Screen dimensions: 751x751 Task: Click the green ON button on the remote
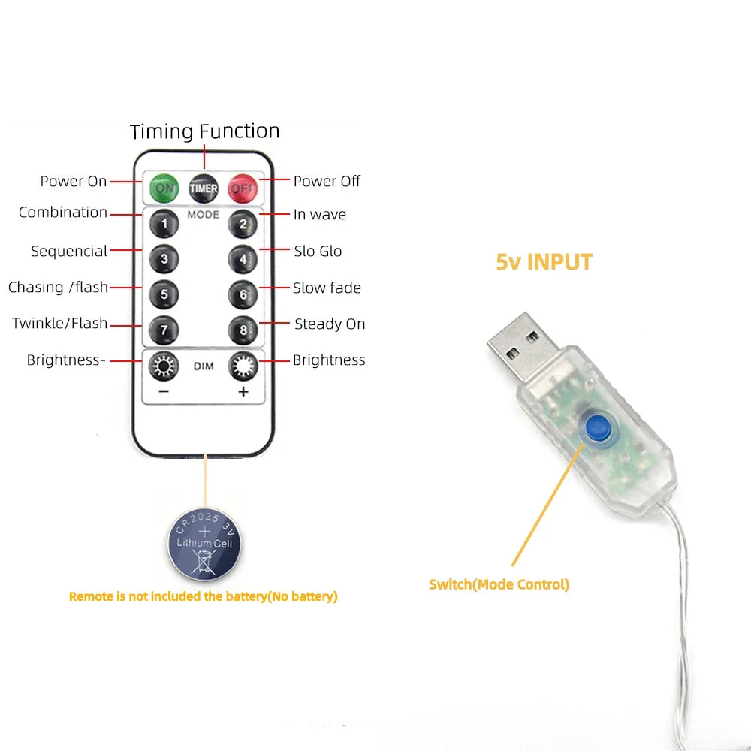coord(163,188)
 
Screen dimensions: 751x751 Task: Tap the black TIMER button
coord(204,188)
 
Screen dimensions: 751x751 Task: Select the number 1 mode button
coord(164,223)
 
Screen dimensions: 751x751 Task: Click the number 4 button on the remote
coord(243,259)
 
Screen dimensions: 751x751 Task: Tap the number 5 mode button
coord(164,294)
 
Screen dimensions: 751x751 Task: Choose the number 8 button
coord(243,330)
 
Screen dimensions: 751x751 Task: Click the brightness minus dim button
coord(163,367)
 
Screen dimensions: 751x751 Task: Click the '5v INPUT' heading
coord(544,262)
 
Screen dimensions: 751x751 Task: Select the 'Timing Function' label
coord(204,131)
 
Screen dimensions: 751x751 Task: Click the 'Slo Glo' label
coord(318,251)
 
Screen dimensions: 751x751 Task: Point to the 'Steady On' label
coord(330,324)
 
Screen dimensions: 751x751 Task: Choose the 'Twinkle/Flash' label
coord(59,324)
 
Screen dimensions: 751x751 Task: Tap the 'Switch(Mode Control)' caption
coord(499,584)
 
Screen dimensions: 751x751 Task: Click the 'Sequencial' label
coord(69,252)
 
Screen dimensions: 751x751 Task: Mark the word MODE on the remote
coord(204,215)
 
